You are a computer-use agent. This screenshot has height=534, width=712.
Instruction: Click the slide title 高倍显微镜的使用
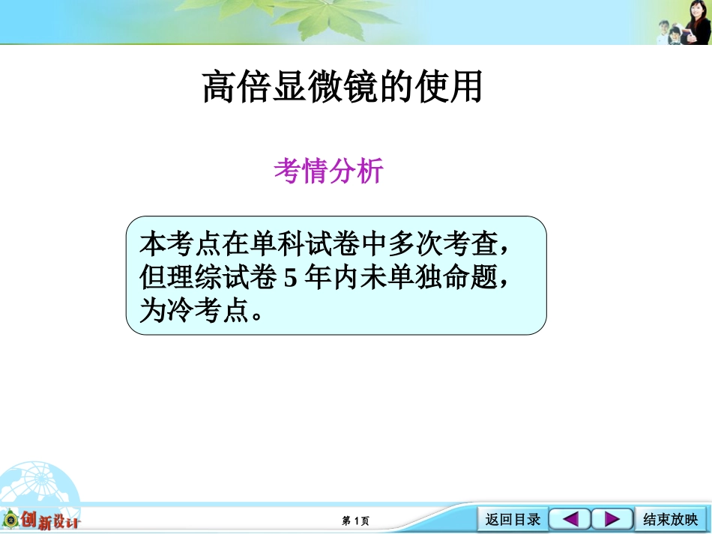[x=343, y=87]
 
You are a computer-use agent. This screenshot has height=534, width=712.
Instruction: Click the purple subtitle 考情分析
[x=329, y=172]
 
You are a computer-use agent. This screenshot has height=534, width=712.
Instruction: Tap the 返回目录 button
[x=513, y=520]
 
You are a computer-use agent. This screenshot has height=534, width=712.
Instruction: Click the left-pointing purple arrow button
[x=570, y=519]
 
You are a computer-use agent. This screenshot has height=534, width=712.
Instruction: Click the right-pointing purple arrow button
[x=612, y=519]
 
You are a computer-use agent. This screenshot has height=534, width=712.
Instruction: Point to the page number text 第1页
[x=355, y=521]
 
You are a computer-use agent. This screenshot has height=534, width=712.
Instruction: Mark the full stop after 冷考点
[x=258, y=313]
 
